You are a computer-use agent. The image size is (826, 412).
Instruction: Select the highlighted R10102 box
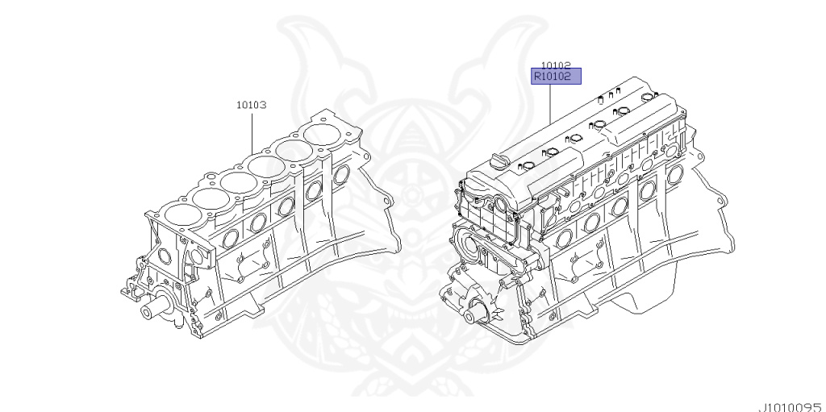pyautogui.click(x=555, y=77)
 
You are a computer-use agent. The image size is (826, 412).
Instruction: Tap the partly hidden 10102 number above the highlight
pyautogui.click(x=556, y=65)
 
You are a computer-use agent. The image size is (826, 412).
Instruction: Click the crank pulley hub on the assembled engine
pyautogui.click(x=482, y=311)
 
